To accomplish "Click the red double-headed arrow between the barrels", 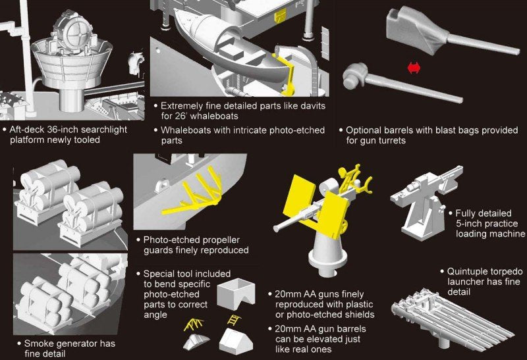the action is (x=414, y=68).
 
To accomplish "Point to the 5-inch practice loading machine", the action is (x=424, y=201).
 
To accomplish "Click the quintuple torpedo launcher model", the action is (x=452, y=322).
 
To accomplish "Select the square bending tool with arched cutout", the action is (x=236, y=294).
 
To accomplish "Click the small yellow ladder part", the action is (x=233, y=320).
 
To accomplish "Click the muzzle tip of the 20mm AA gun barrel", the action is (x=276, y=228).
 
